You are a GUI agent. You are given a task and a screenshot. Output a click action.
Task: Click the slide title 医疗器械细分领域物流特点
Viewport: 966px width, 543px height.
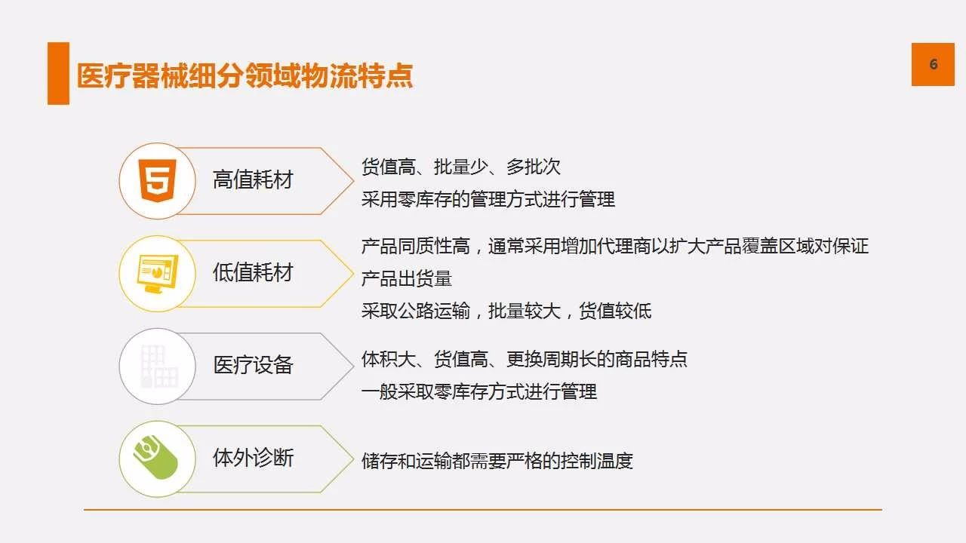245,76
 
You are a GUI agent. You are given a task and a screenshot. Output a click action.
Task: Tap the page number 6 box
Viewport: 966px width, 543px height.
933,64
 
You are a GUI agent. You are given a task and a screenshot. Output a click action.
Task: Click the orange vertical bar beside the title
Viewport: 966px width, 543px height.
58,73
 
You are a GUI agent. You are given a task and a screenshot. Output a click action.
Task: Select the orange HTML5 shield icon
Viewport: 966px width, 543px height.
158,180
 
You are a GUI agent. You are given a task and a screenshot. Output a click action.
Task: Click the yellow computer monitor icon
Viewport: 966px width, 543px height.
158,274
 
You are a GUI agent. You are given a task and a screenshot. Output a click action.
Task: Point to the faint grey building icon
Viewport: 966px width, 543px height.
158,367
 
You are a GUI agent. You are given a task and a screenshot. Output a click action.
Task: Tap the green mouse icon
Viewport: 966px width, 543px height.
155,457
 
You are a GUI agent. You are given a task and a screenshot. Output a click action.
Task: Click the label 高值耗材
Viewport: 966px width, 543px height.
253,179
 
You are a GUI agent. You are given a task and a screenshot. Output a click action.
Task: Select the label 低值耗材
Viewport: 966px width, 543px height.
253,272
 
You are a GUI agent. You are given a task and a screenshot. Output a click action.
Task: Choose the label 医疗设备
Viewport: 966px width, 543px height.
253,365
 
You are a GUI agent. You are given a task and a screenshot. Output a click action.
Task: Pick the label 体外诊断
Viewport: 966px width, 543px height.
253,458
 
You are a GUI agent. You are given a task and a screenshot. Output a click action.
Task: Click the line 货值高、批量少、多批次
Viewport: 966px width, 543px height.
461,167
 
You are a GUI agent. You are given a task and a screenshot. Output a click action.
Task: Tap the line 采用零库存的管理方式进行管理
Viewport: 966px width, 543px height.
488,200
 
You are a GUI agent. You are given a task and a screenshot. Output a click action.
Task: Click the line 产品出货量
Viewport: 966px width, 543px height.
407,279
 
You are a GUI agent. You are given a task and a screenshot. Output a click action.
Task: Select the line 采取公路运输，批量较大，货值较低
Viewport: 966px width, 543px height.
506,311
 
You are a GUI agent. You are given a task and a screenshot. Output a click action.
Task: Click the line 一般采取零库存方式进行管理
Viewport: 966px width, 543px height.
479,392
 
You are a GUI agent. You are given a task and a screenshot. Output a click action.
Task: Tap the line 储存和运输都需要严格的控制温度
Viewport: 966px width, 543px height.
497,461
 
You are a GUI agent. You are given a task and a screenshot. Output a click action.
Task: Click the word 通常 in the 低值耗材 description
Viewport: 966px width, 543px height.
506,247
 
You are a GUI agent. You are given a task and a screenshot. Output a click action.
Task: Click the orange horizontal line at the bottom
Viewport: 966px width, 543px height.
483,510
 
